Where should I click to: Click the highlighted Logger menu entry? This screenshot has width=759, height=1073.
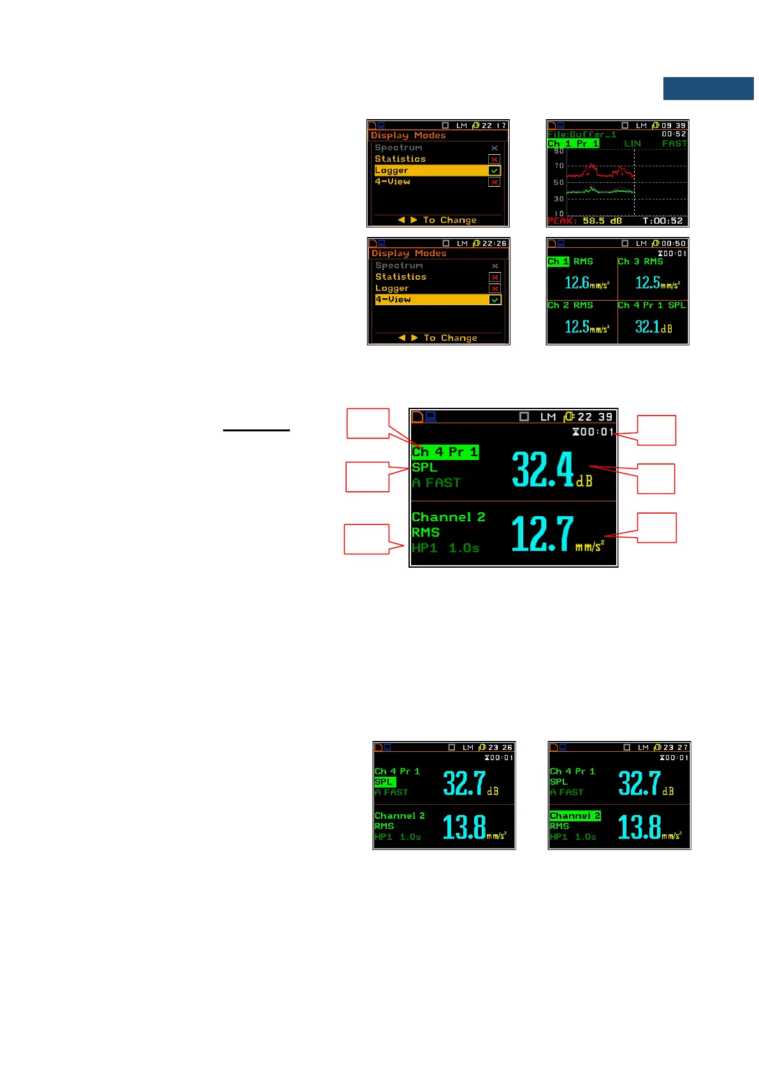[391, 171]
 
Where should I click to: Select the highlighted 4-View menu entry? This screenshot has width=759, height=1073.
[393, 299]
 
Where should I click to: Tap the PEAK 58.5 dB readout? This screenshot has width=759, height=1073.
[584, 221]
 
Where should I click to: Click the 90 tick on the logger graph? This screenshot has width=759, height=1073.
[559, 152]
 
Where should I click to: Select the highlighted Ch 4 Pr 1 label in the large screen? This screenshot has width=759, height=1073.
[444, 452]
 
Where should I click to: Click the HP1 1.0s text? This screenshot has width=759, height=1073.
[445, 548]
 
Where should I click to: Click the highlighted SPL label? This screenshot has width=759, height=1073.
[384, 782]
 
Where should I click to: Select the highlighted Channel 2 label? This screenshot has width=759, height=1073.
[575, 816]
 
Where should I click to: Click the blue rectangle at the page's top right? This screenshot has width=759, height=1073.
[708, 89]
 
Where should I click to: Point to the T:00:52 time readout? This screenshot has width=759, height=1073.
[662, 221]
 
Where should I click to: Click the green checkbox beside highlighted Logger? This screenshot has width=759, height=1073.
[494, 171]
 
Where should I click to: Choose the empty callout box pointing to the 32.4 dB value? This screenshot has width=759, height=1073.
[656, 479]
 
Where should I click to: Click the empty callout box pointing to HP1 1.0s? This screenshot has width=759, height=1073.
[366, 539]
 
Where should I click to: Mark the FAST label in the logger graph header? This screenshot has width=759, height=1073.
[674, 144]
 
